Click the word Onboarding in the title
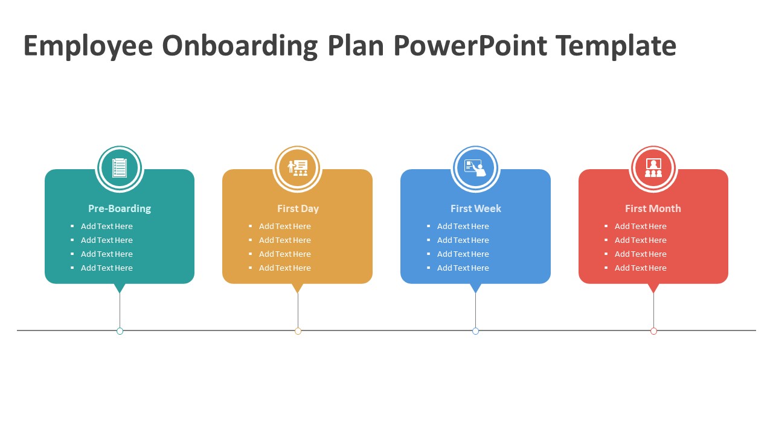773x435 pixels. [x=239, y=47]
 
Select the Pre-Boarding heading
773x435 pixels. [x=120, y=208]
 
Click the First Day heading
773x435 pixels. [x=298, y=208]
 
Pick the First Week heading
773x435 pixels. [x=476, y=208]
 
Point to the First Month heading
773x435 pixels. [x=653, y=208]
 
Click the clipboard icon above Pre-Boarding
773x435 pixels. [x=120, y=167]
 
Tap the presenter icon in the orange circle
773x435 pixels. [x=298, y=167]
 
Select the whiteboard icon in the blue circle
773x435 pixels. [x=475, y=167]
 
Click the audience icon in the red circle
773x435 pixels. [x=653, y=167]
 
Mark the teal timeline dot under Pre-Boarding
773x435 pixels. [x=120, y=331]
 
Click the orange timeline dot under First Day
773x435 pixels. [x=298, y=331]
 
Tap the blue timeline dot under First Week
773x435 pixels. [x=475, y=331]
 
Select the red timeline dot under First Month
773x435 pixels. [x=653, y=331]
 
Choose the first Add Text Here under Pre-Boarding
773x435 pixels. [x=107, y=227]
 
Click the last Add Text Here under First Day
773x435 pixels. [x=285, y=268]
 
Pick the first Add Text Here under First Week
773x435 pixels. [x=463, y=227]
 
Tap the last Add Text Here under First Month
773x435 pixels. [x=641, y=268]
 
